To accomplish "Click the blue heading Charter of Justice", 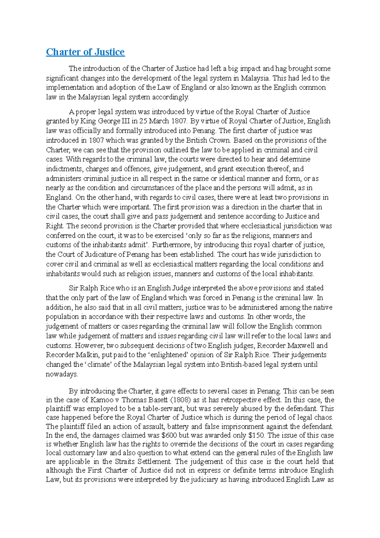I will (x=85, y=52).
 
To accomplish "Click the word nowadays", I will (x=62, y=374).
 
